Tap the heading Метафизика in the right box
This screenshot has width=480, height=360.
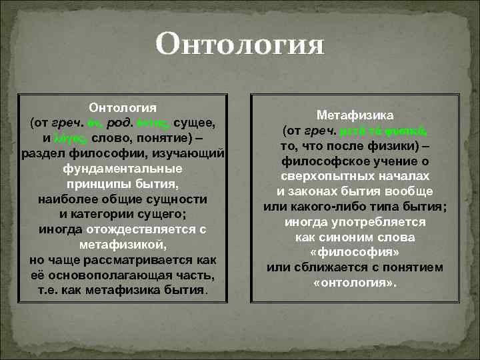355,115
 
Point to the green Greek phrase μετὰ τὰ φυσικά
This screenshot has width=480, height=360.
395,131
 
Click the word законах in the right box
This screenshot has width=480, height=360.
315,191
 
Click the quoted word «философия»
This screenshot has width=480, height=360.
355,253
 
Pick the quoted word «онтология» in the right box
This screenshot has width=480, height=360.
355,283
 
